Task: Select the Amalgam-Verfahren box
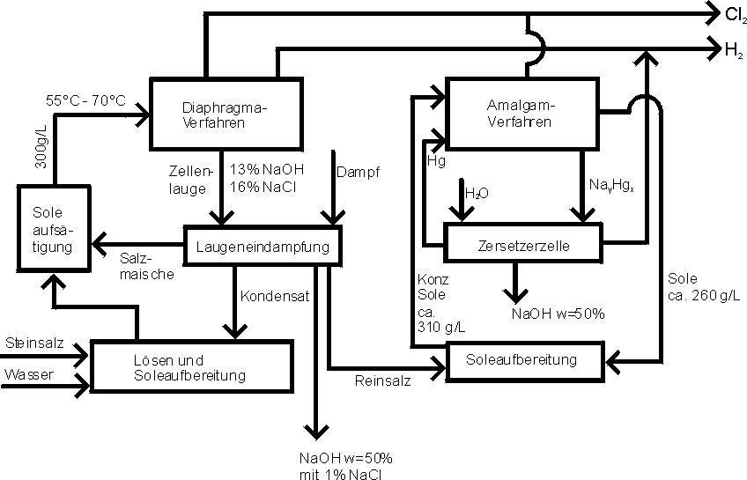click(x=519, y=114)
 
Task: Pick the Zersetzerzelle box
click(x=525, y=246)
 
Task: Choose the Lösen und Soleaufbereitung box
click(x=192, y=368)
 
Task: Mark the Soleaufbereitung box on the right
click(x=524, y=360)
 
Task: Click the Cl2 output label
click(x=733, y=14)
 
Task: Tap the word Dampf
click(x=357, y=169)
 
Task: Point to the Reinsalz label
click(x=382, y=381)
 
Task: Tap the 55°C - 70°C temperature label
click(x=85, y=101)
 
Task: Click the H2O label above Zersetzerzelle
click(x=476, y=193)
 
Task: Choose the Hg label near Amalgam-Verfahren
click(x=435, y=162)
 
